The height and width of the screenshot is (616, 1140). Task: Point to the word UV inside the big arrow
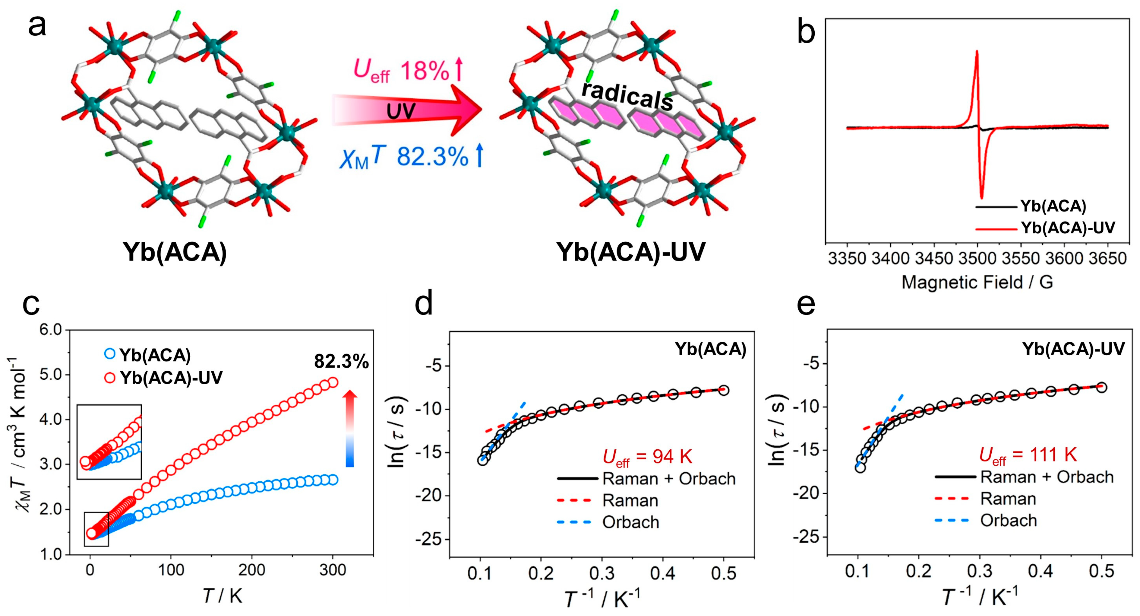pos(400,112)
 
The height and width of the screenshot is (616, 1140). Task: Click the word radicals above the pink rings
pos(627,95)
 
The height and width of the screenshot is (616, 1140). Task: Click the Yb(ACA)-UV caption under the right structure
pos(631,252)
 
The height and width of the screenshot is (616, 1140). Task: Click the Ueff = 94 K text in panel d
pos(647,457)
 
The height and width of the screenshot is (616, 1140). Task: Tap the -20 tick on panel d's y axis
pos(430,496)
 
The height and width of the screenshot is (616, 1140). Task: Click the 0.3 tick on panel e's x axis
pos(979,571)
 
